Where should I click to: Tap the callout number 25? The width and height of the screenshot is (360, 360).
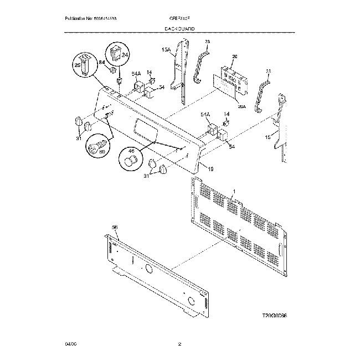[78, 65]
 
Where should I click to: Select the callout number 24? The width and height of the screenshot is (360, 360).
[125, 56]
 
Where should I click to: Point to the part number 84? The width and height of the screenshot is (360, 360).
[102, 63]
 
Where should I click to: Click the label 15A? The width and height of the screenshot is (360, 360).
[166, 50]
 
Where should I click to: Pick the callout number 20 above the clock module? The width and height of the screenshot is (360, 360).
[234, 56]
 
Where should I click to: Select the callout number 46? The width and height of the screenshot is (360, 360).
[131, 150]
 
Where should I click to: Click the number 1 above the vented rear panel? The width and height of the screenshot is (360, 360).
[234, 191]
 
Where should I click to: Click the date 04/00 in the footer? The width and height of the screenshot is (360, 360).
[70, 344]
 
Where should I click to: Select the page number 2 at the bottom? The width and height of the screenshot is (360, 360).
[179, 344]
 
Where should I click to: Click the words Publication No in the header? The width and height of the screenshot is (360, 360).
[80, 19]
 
